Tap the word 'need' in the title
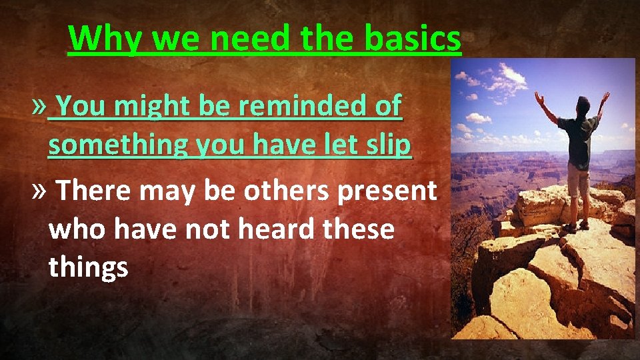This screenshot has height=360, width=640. [242, 39]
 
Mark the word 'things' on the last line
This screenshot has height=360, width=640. [88, 268]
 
